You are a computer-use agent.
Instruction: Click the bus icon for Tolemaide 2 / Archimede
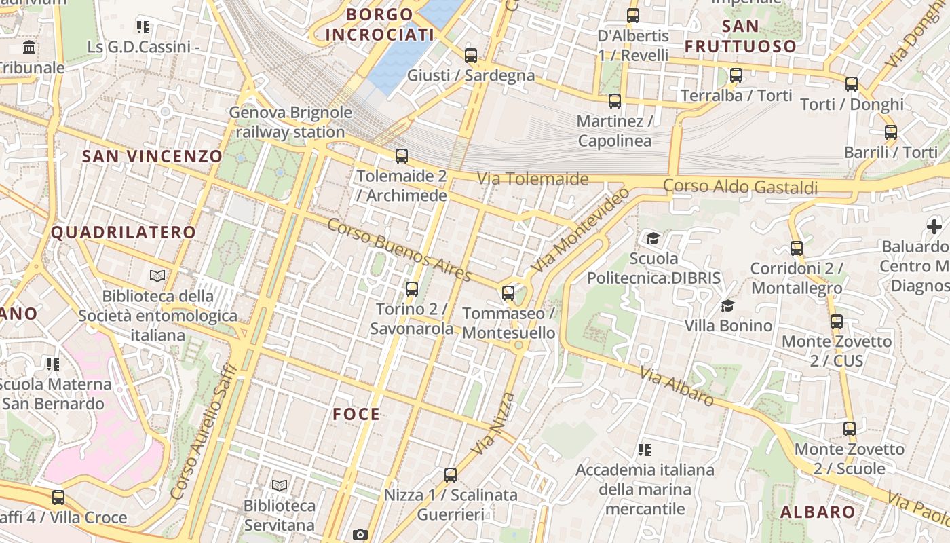[x=402, y=156]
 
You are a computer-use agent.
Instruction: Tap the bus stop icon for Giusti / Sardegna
[x=471, y=56]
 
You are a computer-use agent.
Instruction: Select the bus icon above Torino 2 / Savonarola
[x=412, y=289]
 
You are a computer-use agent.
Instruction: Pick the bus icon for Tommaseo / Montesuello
[x=508, y=293]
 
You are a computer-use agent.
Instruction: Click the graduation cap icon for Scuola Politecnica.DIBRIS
[x=653, y=238]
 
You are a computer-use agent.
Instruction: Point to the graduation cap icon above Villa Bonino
[x=728, y=305]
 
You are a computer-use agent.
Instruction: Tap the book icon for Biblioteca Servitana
[x=280, y=485]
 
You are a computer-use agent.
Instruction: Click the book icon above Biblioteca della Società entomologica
[x=157, y=276]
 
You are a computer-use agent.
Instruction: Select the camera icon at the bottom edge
[x=360, y=534]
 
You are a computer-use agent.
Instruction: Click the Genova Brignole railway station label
[x=290, y=122]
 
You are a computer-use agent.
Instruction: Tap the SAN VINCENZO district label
[x=152, y=156]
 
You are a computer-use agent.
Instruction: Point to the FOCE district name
[x=356, y=414]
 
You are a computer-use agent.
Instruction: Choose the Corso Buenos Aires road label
[x=399, y=250]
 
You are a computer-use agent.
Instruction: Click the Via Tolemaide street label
[x=532, y=179]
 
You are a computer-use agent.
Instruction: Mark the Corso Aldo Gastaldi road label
[x=740, y=186]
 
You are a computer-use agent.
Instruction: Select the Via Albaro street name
[x=677, y=386]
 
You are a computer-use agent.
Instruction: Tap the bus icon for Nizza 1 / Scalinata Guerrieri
[x=451, y=475]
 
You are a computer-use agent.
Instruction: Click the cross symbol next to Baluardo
[x=934, y=226]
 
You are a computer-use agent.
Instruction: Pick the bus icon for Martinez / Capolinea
[x=615, y=101]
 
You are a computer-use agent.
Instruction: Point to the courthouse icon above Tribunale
[x=30, y=48]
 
